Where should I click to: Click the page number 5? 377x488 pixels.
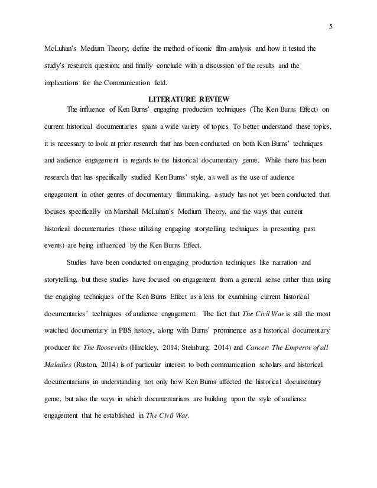point(330,25)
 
